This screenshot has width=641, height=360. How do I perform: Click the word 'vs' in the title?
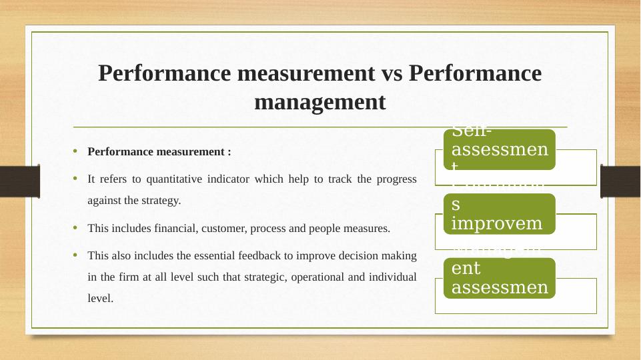point(390,73)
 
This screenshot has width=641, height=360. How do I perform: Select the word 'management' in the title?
point(320,103)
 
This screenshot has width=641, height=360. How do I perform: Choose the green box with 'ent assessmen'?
point(500,278)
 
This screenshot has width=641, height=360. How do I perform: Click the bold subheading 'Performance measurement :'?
point(159,151)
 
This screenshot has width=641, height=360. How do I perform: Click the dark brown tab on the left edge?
point(19,181)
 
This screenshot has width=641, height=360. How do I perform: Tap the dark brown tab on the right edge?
point(620,181)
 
